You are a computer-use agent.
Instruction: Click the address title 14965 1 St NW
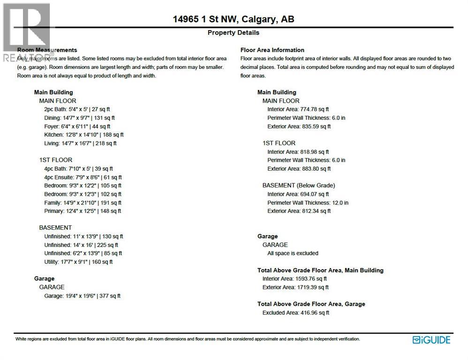click(x=233, y=19)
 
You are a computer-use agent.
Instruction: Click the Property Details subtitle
click(x=233, y=33)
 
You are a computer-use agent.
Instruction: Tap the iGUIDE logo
click(x=431, y=340)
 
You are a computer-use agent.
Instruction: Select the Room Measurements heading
click(x=47, y=50)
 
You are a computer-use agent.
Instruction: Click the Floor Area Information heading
click(x=272, y=50)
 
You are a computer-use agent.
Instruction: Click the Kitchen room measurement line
click(x=83, y=135)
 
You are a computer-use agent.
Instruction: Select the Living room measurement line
click(x=80, y=143)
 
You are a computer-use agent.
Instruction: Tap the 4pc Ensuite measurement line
click(x=83, y=177)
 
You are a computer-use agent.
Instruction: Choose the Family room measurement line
click(x=83, y=202)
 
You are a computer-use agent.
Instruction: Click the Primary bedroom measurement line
click(x=83, y=211)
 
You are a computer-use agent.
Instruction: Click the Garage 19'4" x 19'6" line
click(x=82, y=296)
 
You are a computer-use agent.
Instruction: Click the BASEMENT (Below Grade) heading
click(x=298, y=185)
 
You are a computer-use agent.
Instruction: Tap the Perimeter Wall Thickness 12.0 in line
click(x=308, y=202)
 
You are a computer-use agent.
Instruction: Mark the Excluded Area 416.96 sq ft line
click(x=296, y=313)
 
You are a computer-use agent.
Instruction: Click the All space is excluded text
click(x=293, y=253)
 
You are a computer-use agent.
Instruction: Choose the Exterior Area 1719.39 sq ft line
click(x=295, y=287)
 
